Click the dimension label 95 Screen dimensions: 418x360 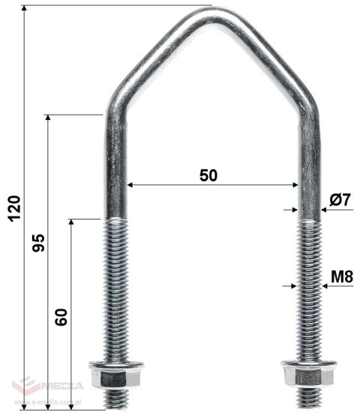pyautogui.click(x=40, y=241)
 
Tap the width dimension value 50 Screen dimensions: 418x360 pyautogui.click(x=209, y=175)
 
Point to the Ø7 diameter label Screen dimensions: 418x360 pyautogui.click(x=340, y=200)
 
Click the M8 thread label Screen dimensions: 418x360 pyautogui.click(x=341, y=276)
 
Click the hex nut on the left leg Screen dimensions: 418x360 pyautogui.click(x=106, y=374)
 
